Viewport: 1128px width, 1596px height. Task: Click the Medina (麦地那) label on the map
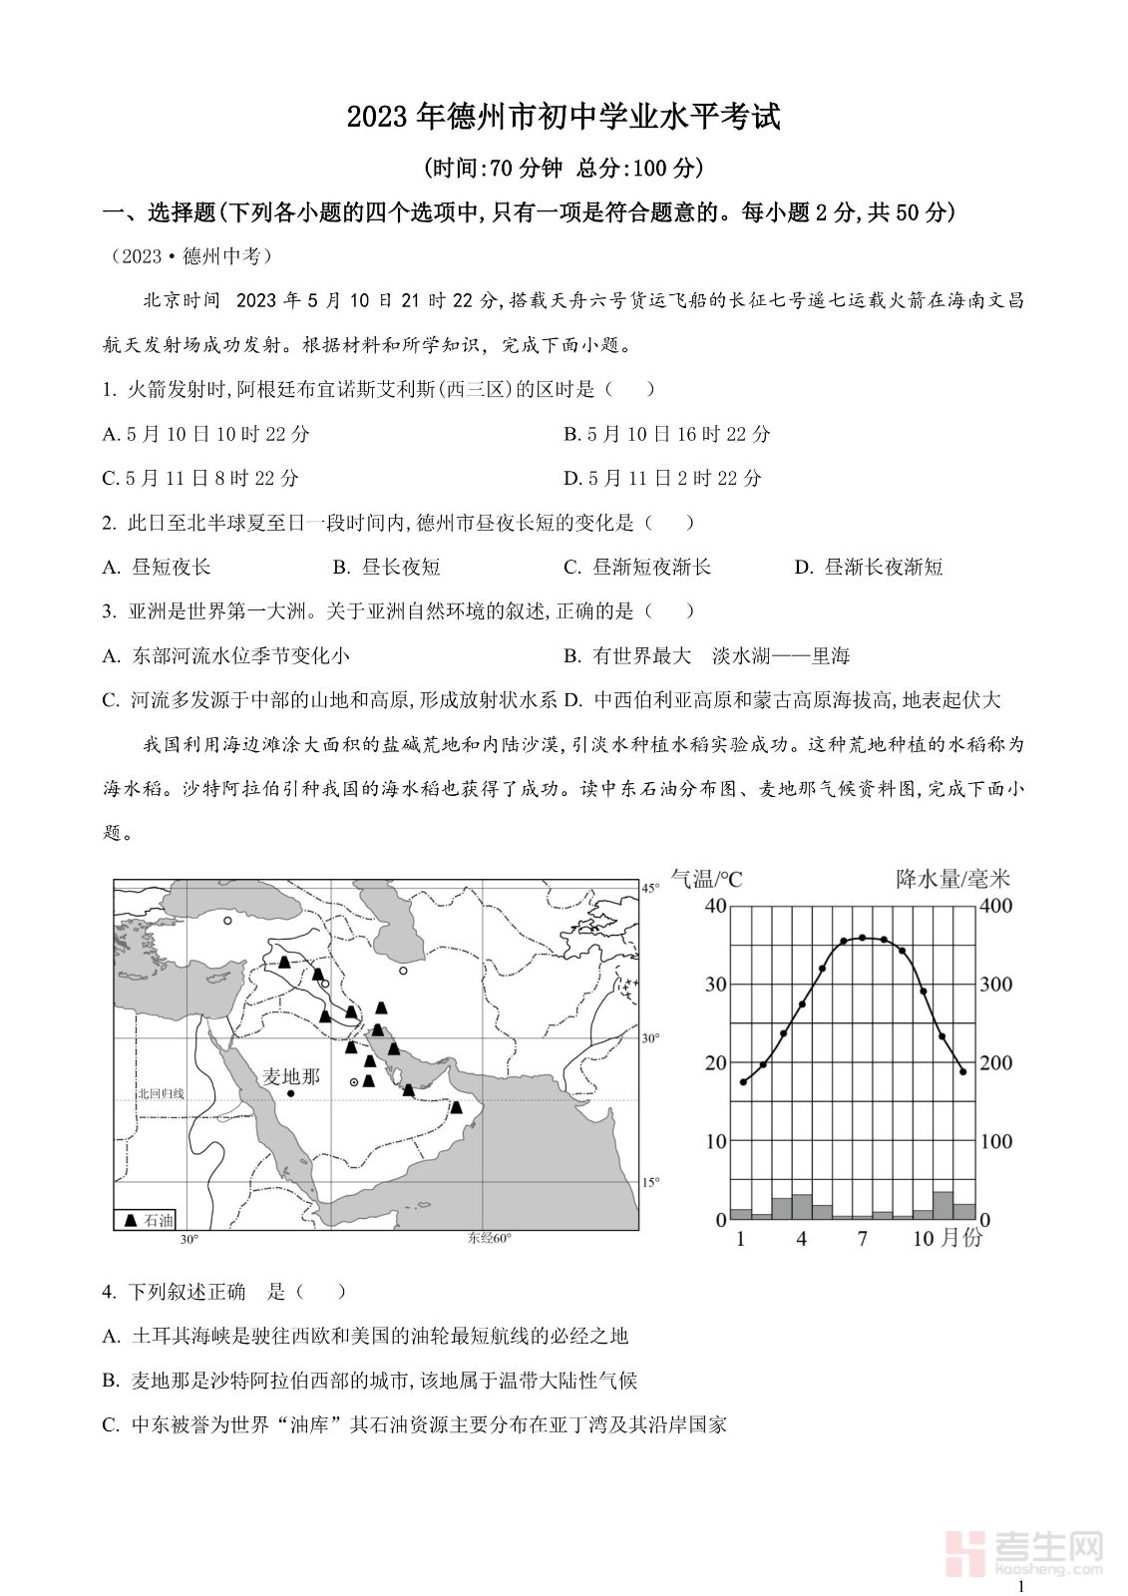pyautogui.click(x=290, y=1076)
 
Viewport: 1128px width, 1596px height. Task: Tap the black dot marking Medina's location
pyautogui.click(x=290, y=1094)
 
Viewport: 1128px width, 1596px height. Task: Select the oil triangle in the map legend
pyautogui.click(x=131, y=1219)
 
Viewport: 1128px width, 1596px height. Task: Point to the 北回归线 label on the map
pyautogui.click(x=162, y=1094)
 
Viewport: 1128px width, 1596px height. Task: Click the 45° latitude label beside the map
pyautogui.click(x=650, y=888)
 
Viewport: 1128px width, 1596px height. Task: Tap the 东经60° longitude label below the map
pyautogui.click(x=489, y=1238)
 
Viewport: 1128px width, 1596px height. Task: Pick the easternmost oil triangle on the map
pyautogui.click(x=457, y=1106)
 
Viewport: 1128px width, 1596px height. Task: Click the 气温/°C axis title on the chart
pyautogui.click(x=707, y=879)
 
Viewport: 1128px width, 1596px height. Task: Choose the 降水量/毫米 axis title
pyautogui.click(x=952, y=879)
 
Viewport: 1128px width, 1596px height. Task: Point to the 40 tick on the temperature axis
pyautogui.click(x=716, y=906)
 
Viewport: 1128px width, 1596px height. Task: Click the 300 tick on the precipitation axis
pyautogui.click(x=995, y=985)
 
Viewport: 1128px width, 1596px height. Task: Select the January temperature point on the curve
pyautogui.click(x=743, y=1081)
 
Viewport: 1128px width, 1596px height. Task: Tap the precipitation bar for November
pyautogui.click(x=942, y=1205)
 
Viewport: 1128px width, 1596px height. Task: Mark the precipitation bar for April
pyautogui.click(x=802, y=1206)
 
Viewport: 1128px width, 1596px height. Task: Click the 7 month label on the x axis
pyautogui.click(x=862, y=1239)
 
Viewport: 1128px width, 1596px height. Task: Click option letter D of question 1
pyautogui.click(x=570, y=478)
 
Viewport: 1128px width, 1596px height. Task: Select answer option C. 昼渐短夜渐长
pyautogui.click(x=637, y=567)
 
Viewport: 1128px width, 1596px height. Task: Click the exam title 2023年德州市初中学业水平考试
pyautogui.click(x=564, y=118)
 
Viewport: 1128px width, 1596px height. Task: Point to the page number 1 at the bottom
pyautogui.click(x=1019, y=1586)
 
